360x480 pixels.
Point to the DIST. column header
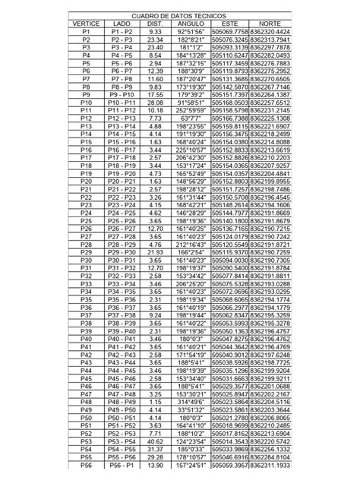pos(156,24)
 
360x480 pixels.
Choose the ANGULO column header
pos(190,24)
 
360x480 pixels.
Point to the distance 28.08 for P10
pos(156,103)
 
